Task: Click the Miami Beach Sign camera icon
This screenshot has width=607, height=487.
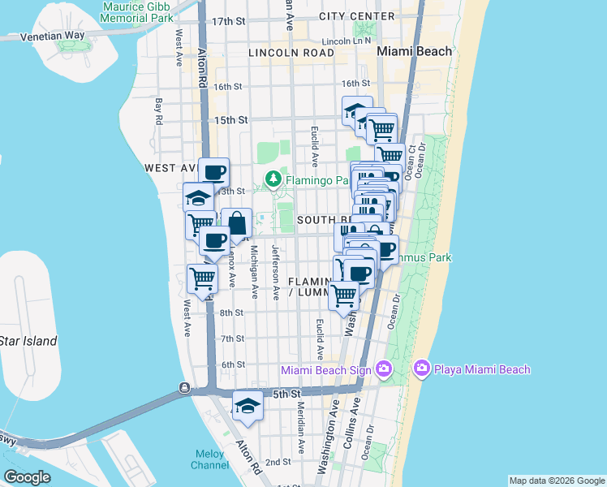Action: pos(384,370)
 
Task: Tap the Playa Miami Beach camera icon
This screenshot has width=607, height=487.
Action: pos(421,369)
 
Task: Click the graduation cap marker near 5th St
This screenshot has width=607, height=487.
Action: pos(248,406)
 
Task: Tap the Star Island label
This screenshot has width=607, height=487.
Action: pos(28,341)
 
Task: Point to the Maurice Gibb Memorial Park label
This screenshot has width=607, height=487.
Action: pos(138,11)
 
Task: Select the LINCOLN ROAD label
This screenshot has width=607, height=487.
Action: pos(293,53)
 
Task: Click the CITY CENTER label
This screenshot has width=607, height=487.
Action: pos(357,16)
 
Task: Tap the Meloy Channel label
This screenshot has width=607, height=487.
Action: pos(210,459)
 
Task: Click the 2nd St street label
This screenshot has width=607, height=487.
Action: pos(278,462)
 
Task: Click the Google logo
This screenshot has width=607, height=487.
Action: pos(27,476)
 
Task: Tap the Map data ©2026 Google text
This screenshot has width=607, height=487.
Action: pos(556,481)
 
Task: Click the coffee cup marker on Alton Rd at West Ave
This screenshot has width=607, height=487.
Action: pos(214,172)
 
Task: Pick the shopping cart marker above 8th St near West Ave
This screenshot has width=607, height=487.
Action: pos(202,278)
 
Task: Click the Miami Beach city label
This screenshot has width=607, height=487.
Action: pos(415,51)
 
